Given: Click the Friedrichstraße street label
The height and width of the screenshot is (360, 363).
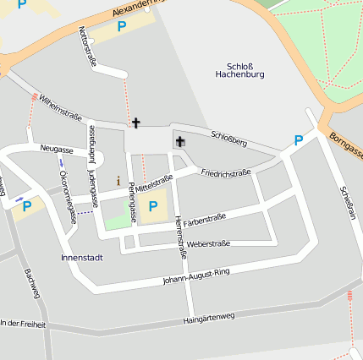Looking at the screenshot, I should [x=226, y=173].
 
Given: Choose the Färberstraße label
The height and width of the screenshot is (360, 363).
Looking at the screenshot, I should [x=205, y=217].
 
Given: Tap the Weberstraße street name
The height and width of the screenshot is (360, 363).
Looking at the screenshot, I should [x=208, y=243].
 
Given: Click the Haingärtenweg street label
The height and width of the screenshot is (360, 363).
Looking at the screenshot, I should [x=208, y=318].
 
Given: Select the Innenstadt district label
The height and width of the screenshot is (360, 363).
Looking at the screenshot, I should [x=82, y=257].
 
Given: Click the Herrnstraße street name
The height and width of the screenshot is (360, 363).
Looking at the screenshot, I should [x=179, y=236].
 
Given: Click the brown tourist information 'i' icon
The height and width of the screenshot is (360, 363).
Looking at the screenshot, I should [x=118, y=180].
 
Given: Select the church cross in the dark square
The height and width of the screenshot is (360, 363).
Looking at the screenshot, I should [x=179, y=141].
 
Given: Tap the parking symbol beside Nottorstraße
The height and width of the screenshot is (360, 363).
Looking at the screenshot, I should [x=121, y=26].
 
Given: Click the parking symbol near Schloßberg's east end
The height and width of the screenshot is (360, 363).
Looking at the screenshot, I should [x=298, y=140].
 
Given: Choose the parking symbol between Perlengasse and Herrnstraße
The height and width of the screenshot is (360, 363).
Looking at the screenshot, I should [x=152, y=205].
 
